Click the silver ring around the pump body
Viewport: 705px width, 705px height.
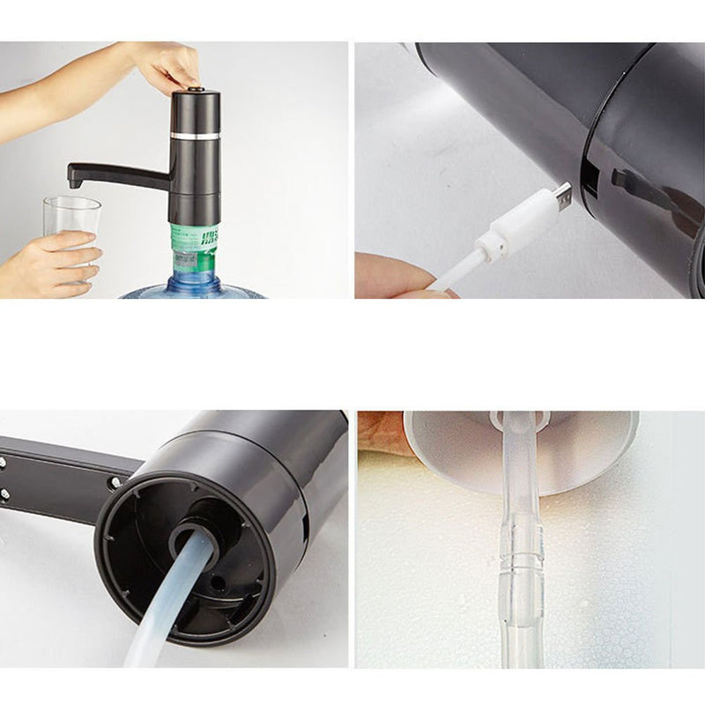[x=195, y=136]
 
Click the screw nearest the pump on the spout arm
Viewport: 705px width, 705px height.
[x=115, y=482]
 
